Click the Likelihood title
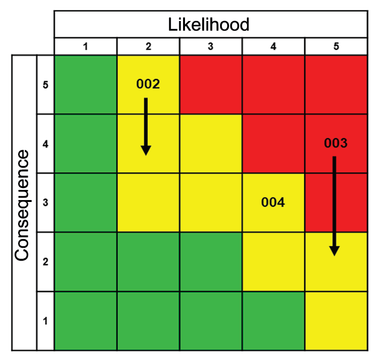209,24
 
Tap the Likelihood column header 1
86,47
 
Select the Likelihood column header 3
211,47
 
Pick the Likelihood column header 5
336,47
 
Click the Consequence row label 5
45,85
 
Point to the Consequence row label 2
45,262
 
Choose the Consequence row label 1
45,321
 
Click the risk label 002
148,84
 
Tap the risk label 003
336,143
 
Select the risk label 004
273,202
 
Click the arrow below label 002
146,127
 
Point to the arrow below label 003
335,205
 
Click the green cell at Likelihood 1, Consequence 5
86,85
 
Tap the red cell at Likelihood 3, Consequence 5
211,85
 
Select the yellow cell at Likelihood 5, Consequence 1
336,321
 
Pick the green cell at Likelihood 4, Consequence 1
273,321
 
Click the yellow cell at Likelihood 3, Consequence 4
211,144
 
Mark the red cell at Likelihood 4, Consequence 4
273,144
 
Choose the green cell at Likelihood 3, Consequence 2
211,262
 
